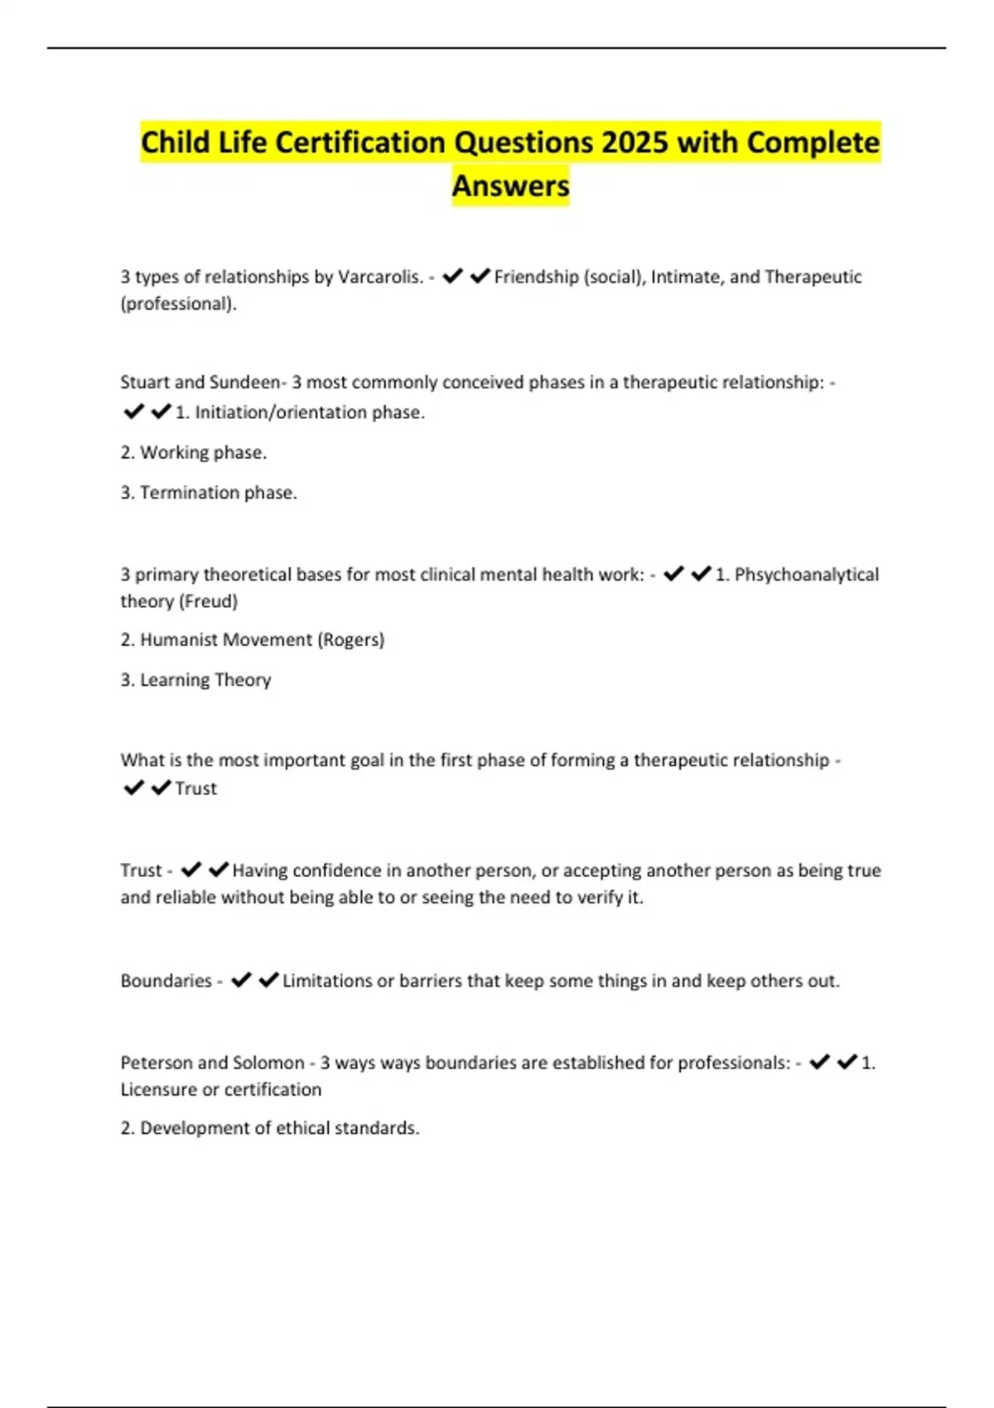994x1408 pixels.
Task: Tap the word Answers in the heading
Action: pos(510,186)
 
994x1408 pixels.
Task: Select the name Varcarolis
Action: pos(380,277)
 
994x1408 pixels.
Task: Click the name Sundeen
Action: pos(245,383)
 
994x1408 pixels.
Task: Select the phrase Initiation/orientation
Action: pos(280,412)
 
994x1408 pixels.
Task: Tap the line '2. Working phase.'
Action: pos(193,452)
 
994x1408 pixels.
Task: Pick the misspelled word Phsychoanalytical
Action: pos(806,575)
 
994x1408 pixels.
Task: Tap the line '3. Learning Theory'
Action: pos(195,680)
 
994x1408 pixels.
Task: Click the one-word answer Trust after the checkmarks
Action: pos(195,788)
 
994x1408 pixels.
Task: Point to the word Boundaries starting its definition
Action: pos(166,981)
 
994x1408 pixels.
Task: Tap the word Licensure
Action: pos(159,1090)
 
